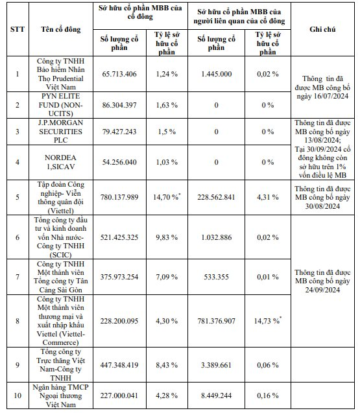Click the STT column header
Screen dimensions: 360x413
18,29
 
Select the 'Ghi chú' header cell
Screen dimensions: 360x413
322,29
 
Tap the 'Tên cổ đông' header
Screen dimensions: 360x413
61,29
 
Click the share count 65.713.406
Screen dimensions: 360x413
119,74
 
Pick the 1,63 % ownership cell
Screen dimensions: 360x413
167,105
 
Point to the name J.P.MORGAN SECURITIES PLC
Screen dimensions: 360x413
61,132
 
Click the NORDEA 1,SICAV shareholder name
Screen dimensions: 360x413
60,162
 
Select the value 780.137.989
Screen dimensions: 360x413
119,197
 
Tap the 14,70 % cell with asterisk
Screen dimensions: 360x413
167,197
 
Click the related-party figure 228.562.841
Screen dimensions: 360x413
216,197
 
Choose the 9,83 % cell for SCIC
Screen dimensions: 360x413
167,237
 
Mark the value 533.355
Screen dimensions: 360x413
217,277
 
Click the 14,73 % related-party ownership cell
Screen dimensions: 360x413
268,321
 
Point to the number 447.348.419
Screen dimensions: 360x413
119,365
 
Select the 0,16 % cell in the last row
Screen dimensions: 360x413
268,395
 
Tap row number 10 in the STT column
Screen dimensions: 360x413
18,395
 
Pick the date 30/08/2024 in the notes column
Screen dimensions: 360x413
322,206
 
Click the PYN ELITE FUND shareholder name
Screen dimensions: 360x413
61,105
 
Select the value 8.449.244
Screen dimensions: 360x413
217,395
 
